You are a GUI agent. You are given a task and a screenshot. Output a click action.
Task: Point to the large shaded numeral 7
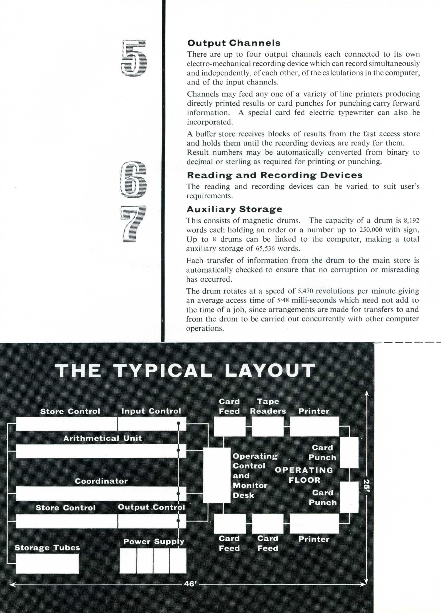(x=133, y=223)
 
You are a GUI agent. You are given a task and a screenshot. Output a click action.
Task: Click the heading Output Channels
(x=234, y=43)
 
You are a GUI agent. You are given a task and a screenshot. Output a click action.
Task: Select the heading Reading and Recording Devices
(x=274, y=175)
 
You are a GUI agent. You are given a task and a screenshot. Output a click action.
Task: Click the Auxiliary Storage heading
(x=234, y=209)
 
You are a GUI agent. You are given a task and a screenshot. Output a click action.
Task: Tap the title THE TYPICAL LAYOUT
(x=185, y=370)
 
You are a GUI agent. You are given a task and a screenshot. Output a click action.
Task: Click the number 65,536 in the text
(x=265, y=249)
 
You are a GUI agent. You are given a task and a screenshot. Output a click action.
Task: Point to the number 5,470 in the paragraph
(x=305, y=291)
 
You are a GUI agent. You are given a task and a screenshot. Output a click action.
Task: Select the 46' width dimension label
(x=190, y=584)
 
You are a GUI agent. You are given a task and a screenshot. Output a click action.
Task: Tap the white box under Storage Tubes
(x=47, y=563)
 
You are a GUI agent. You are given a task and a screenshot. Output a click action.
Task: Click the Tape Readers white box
(x=268, y=427)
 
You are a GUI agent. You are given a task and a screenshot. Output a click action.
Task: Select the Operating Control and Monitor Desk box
(x=217, y=475)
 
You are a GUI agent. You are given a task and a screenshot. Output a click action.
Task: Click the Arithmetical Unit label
(x=102, y=438)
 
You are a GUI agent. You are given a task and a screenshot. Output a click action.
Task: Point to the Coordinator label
(x=101, y=481)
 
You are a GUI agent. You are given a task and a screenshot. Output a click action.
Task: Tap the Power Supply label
(x=153, y=542)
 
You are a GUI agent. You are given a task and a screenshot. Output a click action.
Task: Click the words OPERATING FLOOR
(x=304, y=475)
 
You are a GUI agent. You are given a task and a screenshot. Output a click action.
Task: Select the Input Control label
(x=151, y=411)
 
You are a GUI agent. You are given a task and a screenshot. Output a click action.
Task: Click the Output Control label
(x=151, y=507)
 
